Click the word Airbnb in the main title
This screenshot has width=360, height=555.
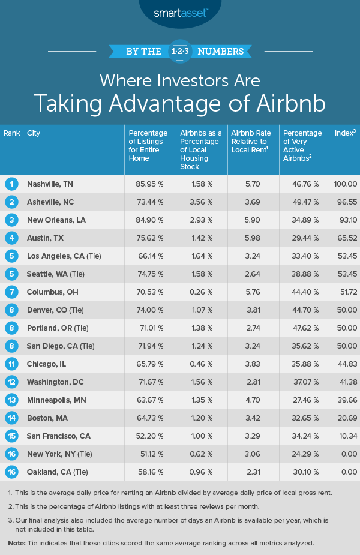(x=283, y=103)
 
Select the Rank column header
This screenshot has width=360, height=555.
(x=11, y=133)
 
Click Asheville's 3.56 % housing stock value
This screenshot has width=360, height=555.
(x=193, y=202)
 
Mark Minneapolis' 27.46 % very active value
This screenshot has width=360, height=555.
(x=298, y=400)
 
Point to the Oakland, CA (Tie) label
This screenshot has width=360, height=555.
(x=58, y=472)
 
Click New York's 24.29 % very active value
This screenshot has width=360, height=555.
(x=298, y=454)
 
